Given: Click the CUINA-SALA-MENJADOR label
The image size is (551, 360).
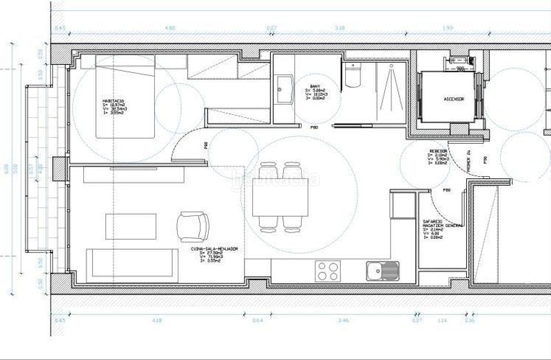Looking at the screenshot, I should point(215,248).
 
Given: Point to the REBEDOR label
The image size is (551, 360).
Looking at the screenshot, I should point(438,150).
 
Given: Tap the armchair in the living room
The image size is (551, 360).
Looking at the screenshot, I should point(192,225).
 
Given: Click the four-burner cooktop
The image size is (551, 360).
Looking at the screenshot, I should point(327,271).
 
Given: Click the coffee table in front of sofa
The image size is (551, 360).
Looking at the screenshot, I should point(130,226).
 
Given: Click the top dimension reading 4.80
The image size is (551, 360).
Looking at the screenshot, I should point(169,28).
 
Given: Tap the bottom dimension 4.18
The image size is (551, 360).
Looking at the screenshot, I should point(157,320).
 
